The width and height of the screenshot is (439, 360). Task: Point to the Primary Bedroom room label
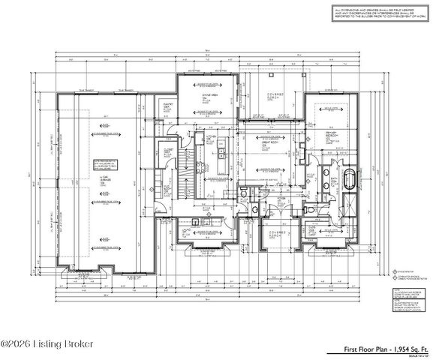tap(331, 137)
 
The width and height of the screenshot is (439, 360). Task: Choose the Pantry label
tap(169, 106)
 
